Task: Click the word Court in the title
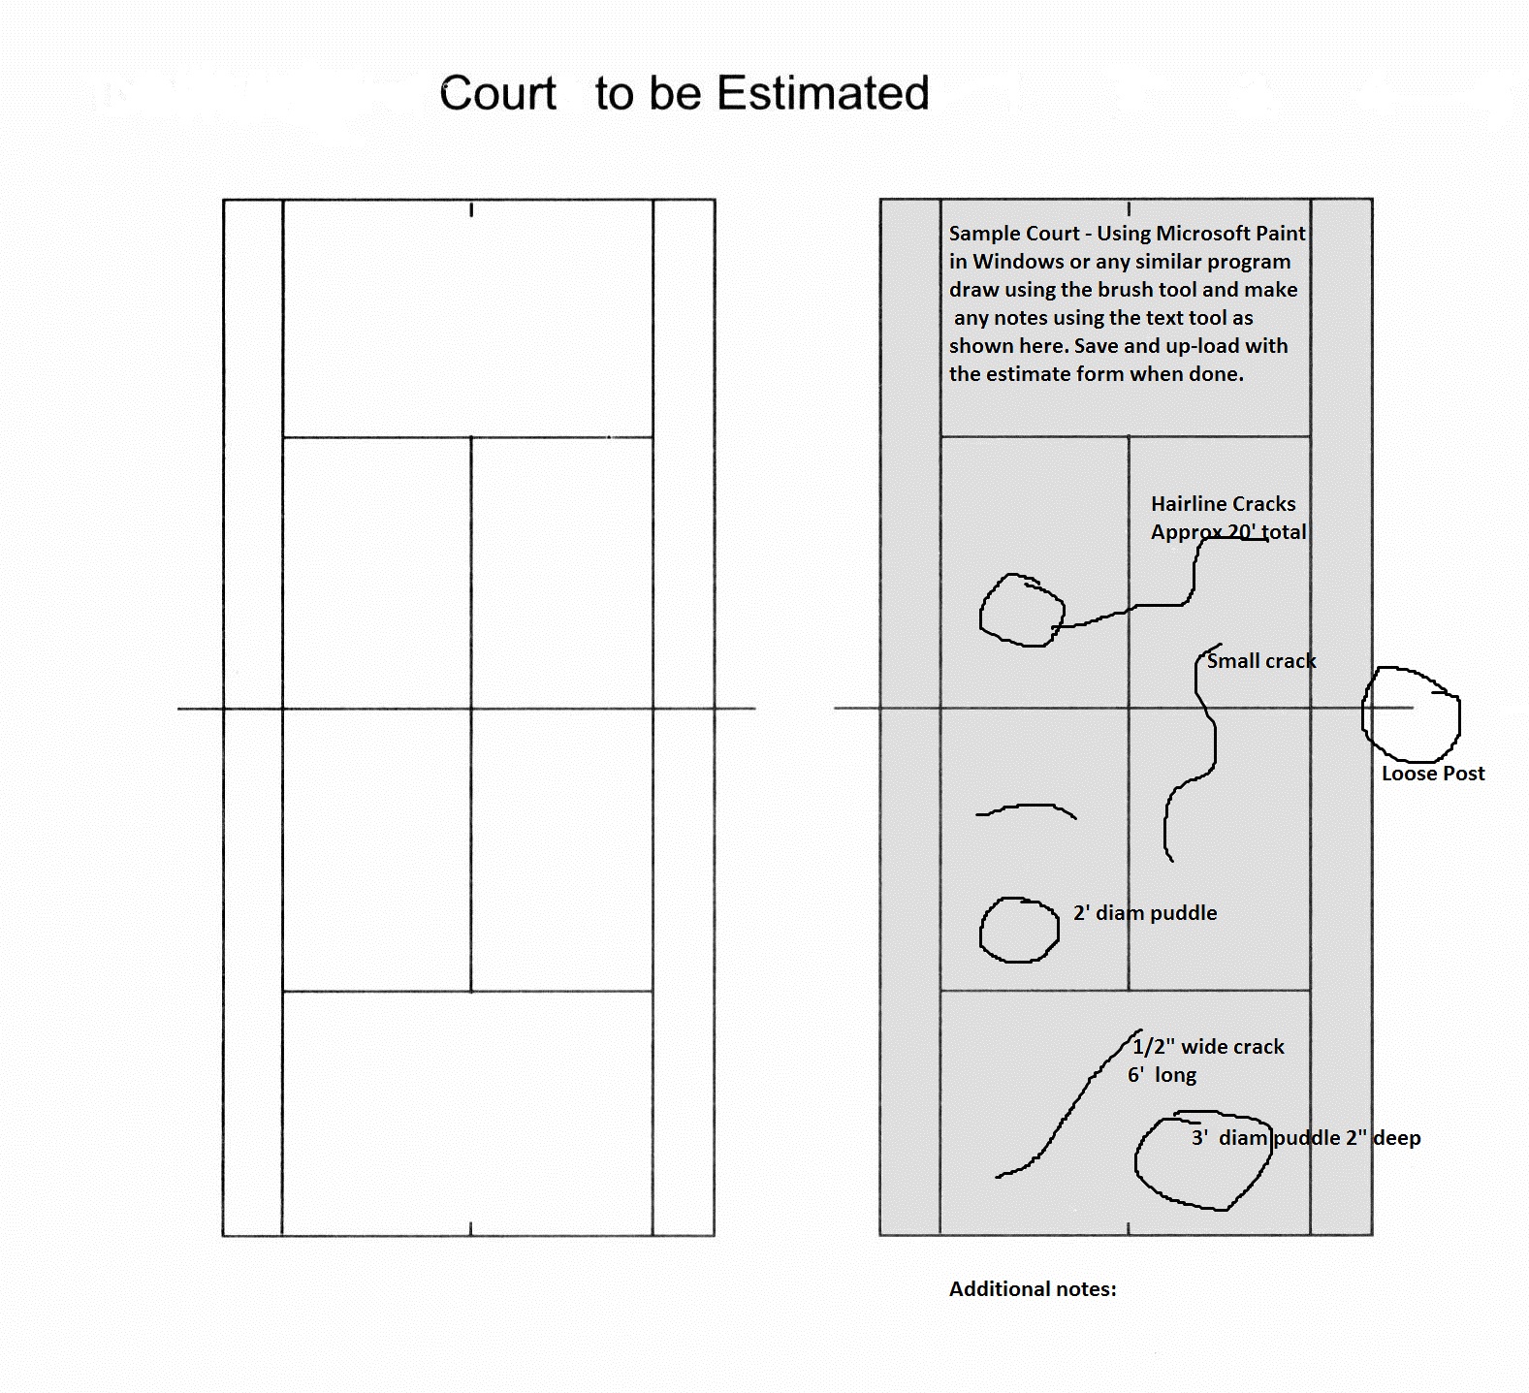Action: click(497, 94)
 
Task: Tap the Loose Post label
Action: click(1433, 774)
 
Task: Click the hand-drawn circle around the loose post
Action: click(1363, 712)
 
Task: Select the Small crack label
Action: click(1261, 661)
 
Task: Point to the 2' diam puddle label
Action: click(1145, 913)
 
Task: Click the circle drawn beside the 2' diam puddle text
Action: click(980, 931)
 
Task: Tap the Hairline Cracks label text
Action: click(1224, 504)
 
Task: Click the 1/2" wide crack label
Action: click(1208, 1047)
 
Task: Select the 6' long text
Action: click(1162, 1075)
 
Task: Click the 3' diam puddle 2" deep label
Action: click(1306, 1138)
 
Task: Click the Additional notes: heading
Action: click(1033, 1289)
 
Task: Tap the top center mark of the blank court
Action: click(471, 209)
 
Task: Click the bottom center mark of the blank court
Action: click(471, 1229)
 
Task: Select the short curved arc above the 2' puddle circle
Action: click(1028, 806)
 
